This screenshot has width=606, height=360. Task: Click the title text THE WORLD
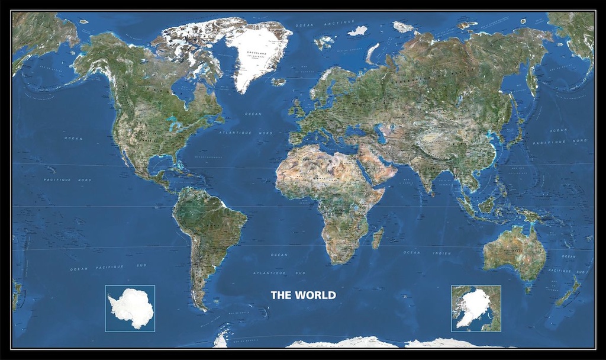[x=303, y=295]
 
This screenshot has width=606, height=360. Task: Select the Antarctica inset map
[x=130, y=308]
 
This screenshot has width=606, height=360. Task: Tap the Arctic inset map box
[x=476, y=308]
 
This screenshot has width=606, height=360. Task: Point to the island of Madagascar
[x=377, y=237]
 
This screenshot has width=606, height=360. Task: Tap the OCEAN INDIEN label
[x=427, y=253]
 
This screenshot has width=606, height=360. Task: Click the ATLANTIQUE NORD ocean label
[x=246, y=133]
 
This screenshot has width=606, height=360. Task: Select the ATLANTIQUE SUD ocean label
[x=279, y=273]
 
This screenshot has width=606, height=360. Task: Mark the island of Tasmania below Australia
[x=528, y=289]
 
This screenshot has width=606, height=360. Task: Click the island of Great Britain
[x=298, y=108]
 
